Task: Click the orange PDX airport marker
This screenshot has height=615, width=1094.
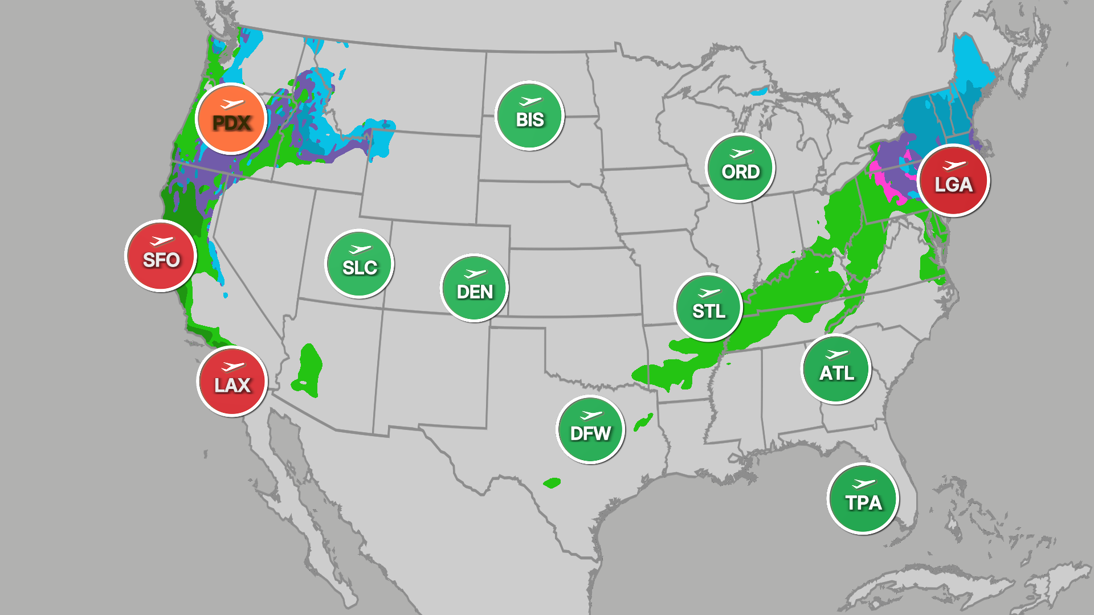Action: click(x=231, y=119)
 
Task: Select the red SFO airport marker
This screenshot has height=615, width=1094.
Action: click(x=161, y=256)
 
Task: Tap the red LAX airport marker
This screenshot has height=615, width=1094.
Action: click(x=232, y=382)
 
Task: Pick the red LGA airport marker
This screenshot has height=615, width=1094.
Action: click(x=954, y=181)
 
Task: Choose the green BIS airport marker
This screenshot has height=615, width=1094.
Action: click(x=529, y=116)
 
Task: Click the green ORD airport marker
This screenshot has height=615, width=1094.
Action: click(x=740, y=167)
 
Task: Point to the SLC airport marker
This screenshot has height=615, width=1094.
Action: click(x=360, y=264)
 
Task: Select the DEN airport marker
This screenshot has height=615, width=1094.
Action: click(x=475, y=288)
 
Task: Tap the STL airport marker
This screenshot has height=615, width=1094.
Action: click(x=708, y=307)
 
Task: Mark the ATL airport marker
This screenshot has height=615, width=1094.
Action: click(x=836, y=369)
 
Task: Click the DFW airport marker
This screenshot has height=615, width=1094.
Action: click(x=590, y=429)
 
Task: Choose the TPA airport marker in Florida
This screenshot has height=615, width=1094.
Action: click(x=863, y=499)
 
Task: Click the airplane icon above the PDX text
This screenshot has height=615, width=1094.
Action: click(x=232, y=104)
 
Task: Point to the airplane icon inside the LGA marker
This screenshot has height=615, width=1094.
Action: click(x=954, y=166)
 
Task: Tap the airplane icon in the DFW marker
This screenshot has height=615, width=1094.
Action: click(x=591, y=415)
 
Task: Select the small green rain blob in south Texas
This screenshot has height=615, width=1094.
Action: click(x=552, y=483)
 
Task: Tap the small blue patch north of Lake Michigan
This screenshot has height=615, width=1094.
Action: click(x=759, y=91)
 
